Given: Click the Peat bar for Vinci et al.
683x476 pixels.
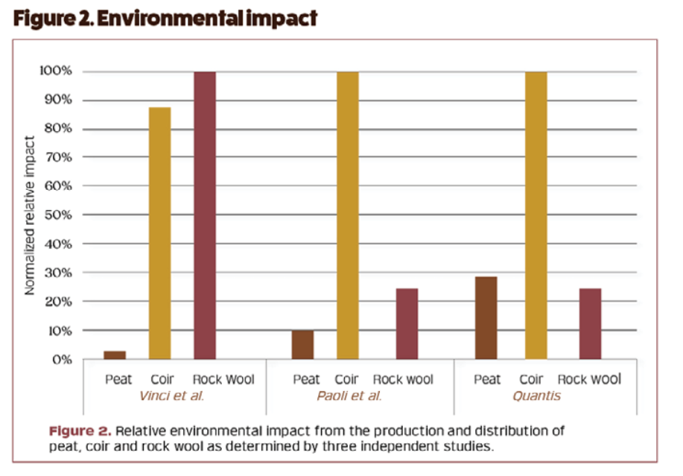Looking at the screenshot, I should [114, 355].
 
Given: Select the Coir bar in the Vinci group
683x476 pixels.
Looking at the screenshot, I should [159, 233].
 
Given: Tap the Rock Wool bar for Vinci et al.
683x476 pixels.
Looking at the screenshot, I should [205, 216].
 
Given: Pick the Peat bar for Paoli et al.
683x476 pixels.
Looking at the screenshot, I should [302, 345].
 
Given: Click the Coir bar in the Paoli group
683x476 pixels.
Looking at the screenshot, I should [348, 216].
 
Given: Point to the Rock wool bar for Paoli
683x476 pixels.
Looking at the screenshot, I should [407, 324].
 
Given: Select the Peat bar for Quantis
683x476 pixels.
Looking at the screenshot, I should [486, 318].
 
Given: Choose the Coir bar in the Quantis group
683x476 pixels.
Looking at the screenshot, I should [536, 216].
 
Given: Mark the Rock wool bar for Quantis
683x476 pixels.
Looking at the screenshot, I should [590, 324].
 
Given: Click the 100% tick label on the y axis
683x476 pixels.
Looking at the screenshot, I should [56, 72].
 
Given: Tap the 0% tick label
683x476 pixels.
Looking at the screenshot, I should [62, 359].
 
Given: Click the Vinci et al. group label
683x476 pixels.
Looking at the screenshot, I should [171, 396].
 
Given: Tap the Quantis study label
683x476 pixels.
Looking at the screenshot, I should [536, 396].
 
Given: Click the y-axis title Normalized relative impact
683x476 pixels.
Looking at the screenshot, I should [31, 215].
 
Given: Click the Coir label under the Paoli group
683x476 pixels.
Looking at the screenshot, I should [348, 379].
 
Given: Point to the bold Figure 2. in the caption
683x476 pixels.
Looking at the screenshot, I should [80, 431].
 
